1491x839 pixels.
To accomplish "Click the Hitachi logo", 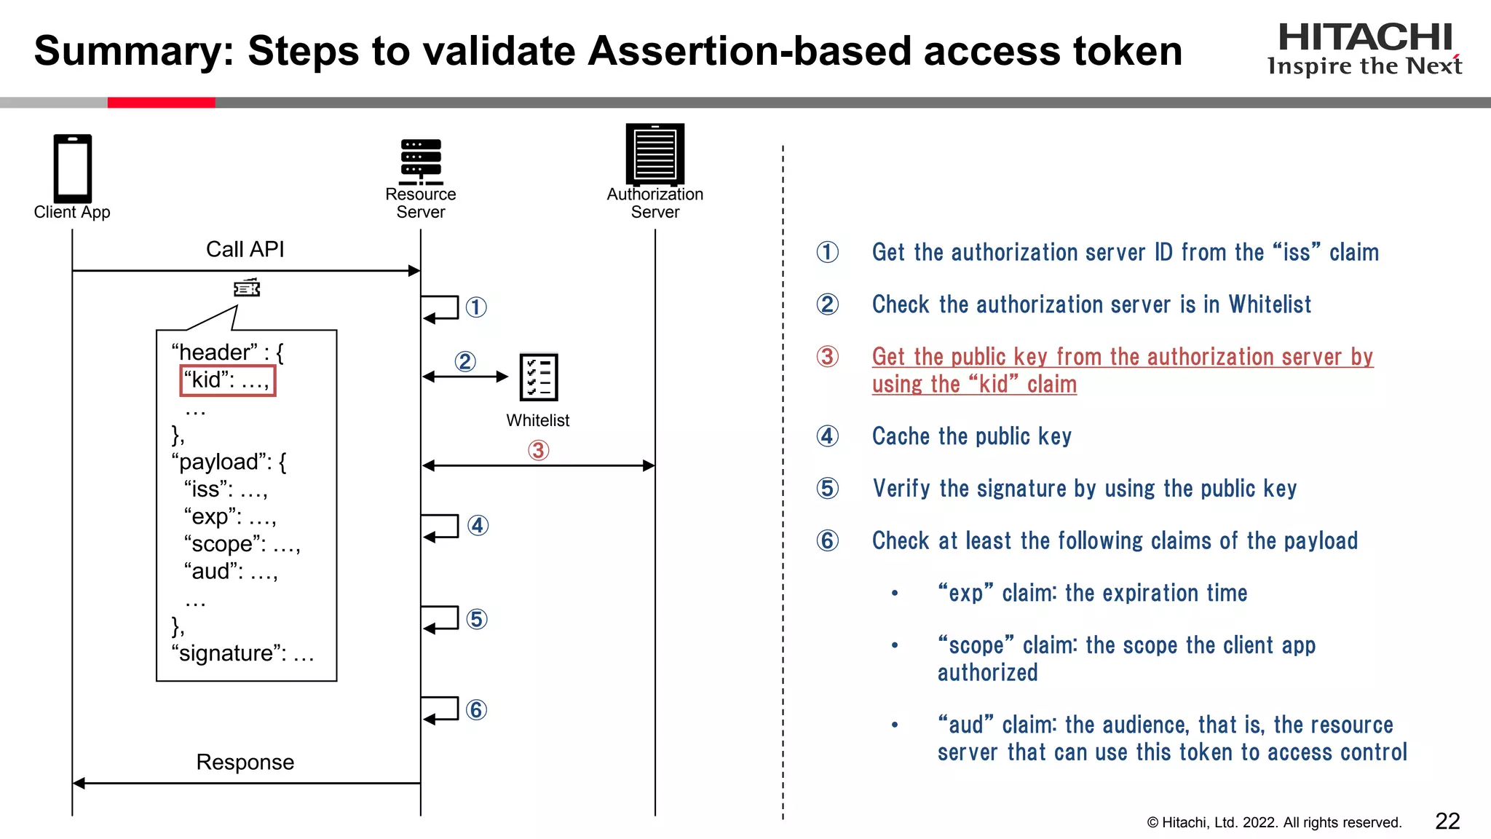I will pyautogui.click(x=1364, y=49).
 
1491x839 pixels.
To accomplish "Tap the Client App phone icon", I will pyautogui.click(x=72, y=168).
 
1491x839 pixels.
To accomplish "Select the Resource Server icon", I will pyautogui.click(x=421, y=162).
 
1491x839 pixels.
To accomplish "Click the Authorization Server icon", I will pyautogui.click(x=654, y=154).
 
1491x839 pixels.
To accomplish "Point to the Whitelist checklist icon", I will pyautogui.click(x=538, y=377).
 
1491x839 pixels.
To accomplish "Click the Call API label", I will pyautogui.click(x=245, y=250).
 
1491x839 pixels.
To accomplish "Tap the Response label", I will pyautogui.click(x=245, y=763).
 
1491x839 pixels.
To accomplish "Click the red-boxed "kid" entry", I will pyautogui.click(x=227, y=380).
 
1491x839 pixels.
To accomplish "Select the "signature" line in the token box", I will pyautogui.click(x=242, y=653).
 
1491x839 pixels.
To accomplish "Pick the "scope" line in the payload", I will pyautogui.click(x=242, y=544).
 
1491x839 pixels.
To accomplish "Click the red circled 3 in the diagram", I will pyautogui.click(x=538, y=451).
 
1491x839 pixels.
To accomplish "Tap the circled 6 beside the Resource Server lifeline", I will pyautogui.click(x=476, y=710).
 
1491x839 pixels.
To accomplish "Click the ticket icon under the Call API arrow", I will pyautogui.click(x=247, y=288).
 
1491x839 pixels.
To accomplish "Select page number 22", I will pyautogui.click(x=1447, y=822).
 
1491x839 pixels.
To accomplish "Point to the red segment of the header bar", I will pyautogui.click(x=161, y=103).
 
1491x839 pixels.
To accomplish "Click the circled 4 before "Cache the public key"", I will pyautogui.click(x=827, y=436).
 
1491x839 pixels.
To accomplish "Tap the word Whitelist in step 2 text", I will pyautogui.click(x=1270, y=304).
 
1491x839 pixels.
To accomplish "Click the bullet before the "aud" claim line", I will pyautogui.click(x=895, y=725).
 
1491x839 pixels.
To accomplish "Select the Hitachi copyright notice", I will pyautogui.click(x=1273, y=823).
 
